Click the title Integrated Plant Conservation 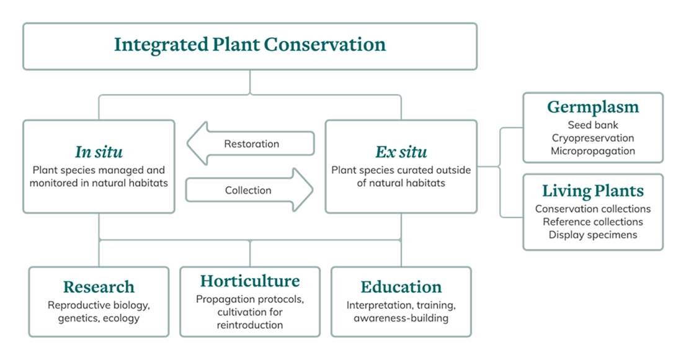[x=250, y=45]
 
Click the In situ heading [x=99, y=152]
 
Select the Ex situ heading [x=401, y=152]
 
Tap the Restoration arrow [x=251, y=144]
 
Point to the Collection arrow [x=248, y=191]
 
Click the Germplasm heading [x=593, y=107]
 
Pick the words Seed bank [x=593, y=125]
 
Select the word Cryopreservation [x=593, y=138]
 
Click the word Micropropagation [x=593, y=151]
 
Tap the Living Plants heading [x=593, y=191]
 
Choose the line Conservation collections [x=593, y=209]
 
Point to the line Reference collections [x=593, y=222]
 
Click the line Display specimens [x=593, y=235]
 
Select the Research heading [x=99, y=287]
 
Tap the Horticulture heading [x=250, y=281]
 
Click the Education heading [x=401, y=287]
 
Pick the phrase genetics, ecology [x=99, y=318]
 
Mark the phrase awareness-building [x=401, y=318]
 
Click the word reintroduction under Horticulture [x=250, y=325]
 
